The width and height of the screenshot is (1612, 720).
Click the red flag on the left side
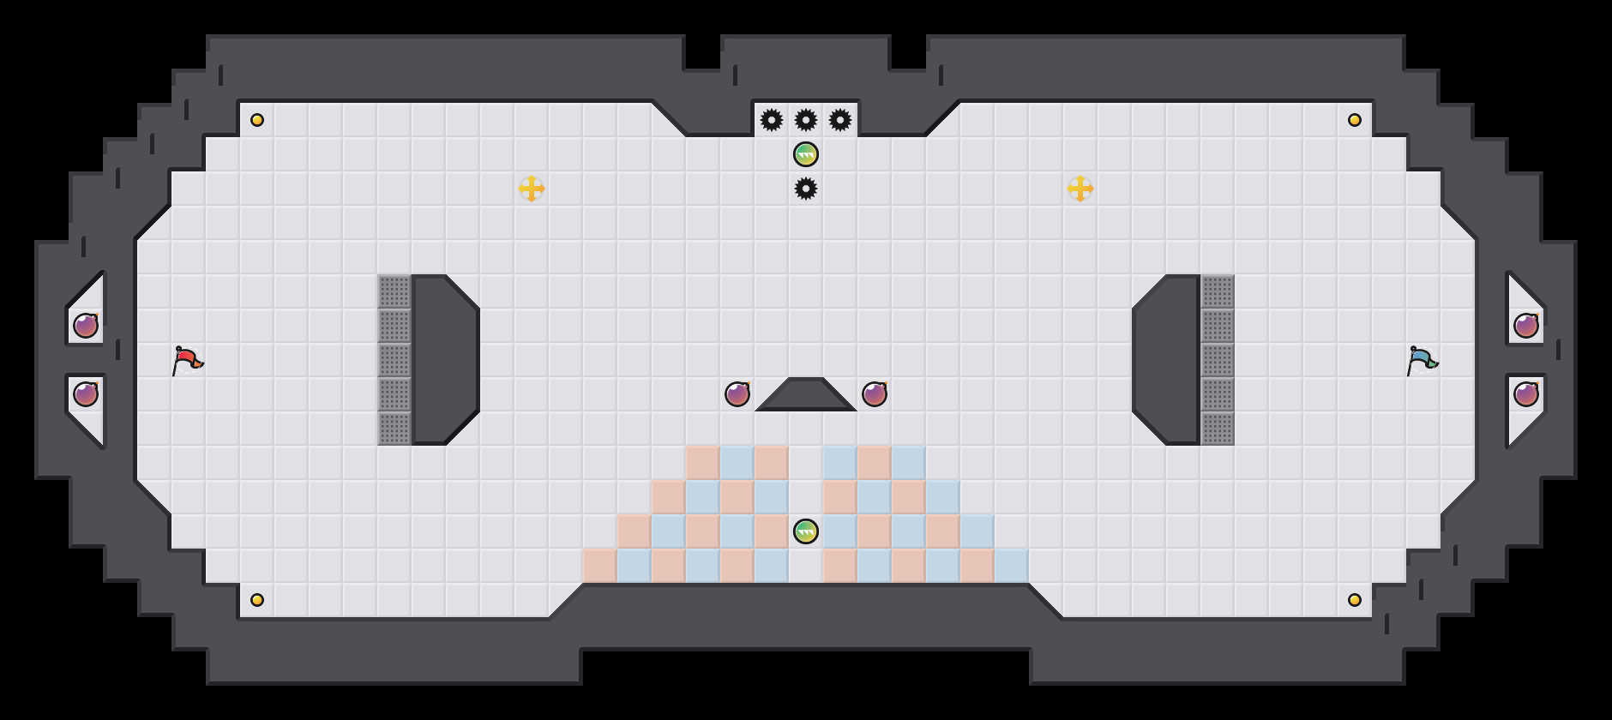pyautogui.click(x=187, y=360)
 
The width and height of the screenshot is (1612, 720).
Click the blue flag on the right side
pyautogui.click(x=1422, y=360)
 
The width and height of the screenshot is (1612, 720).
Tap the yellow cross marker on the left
pyautogui.click(x=532, y=189)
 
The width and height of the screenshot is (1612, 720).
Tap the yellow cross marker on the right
pyautogui.click(x=1080, y=189)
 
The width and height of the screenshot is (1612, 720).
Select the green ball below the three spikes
pyautogui.click(x=806, y=154)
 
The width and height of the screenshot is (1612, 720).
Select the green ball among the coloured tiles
pyautogui.click(x=806, y=531)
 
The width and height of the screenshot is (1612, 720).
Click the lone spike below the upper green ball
pyautogui.click(x=806, y=189)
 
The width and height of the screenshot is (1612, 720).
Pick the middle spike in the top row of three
pyautogui.click(x=806, y=120)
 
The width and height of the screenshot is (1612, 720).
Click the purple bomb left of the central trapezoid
pyautogui.click(x=737, y=394)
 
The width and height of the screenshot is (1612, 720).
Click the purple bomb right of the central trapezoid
pyautogui.click(x=875, y=394)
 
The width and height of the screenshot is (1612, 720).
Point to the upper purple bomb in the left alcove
pyautogui.click(x=86, y=326)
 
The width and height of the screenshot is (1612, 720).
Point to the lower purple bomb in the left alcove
pyautogui.click(x=86, y=394)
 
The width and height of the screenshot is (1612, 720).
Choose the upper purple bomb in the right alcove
pyautogui.click(x=1526, y=326)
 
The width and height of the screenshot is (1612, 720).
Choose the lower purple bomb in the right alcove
pyautogui.click(x=1526, y=394)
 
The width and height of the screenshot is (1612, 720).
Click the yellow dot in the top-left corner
pyautogui.click(x=257, y=120)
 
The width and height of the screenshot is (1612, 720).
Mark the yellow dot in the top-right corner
pyautogui.click(x=1355, y=120)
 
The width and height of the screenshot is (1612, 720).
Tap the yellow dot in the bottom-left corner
pyautogui.click(x=257, y=600)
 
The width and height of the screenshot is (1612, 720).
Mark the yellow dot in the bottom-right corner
pyautogui.click(x=1355, y=600)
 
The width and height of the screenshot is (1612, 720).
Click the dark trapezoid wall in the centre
pyautogui.click(x=806, y=397)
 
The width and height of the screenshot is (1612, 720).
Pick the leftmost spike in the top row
pyautogui.click(x=772, y=120)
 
